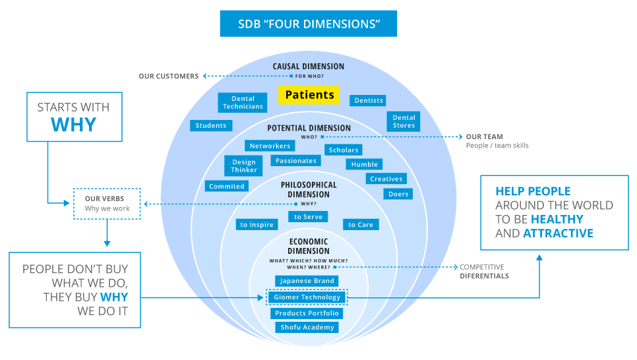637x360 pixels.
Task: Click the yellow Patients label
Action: coord(309,95)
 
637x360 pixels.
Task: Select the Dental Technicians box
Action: coord(243,103)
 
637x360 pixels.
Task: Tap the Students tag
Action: coord(211,125)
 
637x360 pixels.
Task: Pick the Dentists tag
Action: coord(369,101)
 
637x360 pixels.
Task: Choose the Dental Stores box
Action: coord(404,121)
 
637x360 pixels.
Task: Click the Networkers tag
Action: coord(270,146)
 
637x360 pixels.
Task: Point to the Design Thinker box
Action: coord(244,166)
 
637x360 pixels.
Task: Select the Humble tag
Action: coord(365,164)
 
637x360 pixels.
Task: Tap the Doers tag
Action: coord(398,194)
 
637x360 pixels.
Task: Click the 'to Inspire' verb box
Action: coord(257,225)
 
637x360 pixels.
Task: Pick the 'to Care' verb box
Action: coord(361,225)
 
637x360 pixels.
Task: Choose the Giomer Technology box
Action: coord(307,297)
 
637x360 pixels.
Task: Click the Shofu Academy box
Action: coord(307,327)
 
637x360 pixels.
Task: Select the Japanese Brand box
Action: coord(307,281)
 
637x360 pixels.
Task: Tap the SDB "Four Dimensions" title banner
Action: coord(309,24)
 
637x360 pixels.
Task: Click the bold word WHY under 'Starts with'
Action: coord(73,125)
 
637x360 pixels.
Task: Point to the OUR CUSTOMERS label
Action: coord(168,76)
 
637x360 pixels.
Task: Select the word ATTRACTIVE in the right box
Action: coord(558,233)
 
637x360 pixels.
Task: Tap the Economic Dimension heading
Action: coord(309,246)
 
